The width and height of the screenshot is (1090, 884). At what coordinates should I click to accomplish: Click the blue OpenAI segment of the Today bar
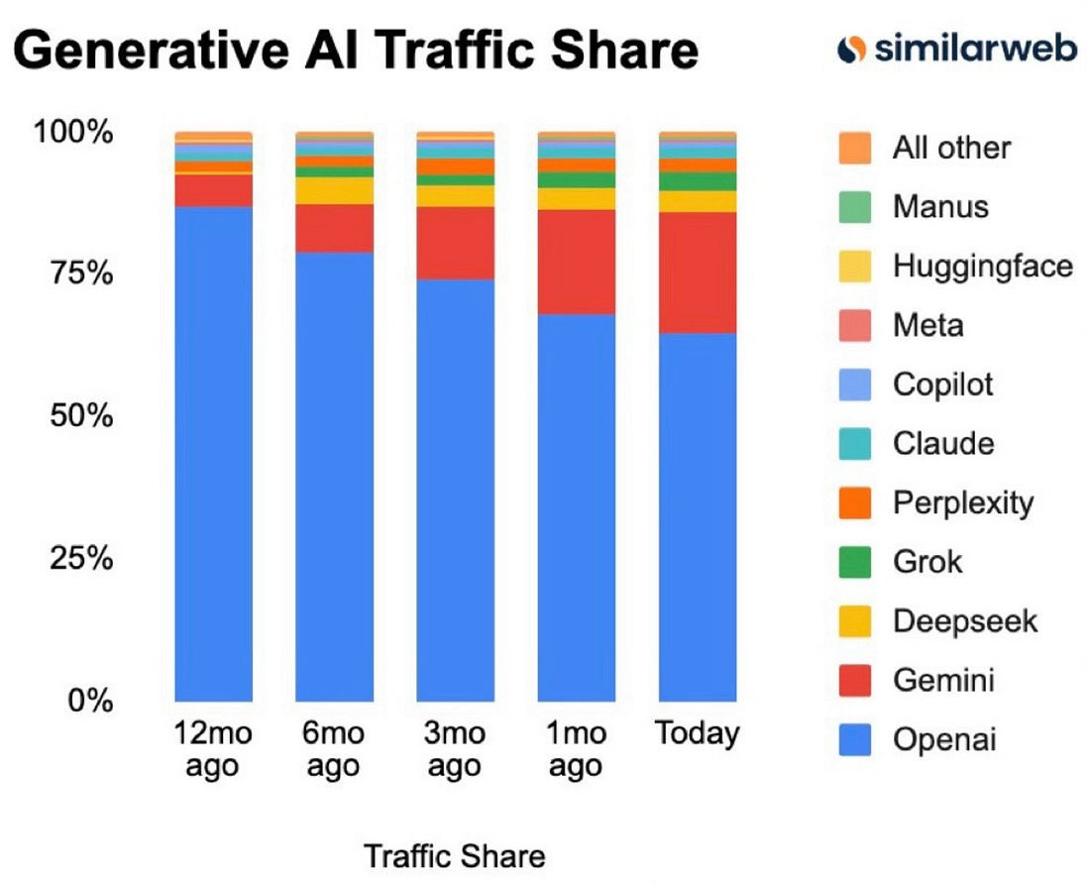click(x=698, y=515)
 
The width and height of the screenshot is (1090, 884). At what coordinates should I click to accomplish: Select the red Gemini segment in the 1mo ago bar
click(x=577, y=262)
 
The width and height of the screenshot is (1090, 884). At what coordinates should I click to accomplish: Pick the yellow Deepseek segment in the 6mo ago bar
click(x=334, y=190)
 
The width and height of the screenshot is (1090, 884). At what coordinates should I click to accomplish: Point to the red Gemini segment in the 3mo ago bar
click(x=455, y=243)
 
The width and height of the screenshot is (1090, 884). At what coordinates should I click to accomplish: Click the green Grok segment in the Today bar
click(x=698, y=181)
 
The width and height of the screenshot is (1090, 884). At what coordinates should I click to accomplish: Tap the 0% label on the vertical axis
click(x=86, y=701)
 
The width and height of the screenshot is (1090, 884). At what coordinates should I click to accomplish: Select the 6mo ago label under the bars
click(x=334, y=750)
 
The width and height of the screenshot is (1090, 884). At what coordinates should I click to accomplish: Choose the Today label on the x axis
click(x=698, y=734)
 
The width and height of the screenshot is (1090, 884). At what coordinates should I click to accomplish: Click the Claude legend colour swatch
click(x=853, y=444)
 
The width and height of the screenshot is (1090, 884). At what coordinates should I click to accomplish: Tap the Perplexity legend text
click(x=962, y=503)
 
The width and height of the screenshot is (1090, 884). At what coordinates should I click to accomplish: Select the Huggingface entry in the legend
click(x=981, y=266)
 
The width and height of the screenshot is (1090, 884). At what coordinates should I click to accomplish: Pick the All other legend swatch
click(x=853, y=148)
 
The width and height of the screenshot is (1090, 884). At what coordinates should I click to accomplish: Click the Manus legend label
click(x=940, y=207)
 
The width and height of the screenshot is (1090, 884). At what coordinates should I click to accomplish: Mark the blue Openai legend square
click(x=853, y=740)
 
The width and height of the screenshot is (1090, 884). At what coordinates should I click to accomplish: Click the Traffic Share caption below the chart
click(x=455, y=856)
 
